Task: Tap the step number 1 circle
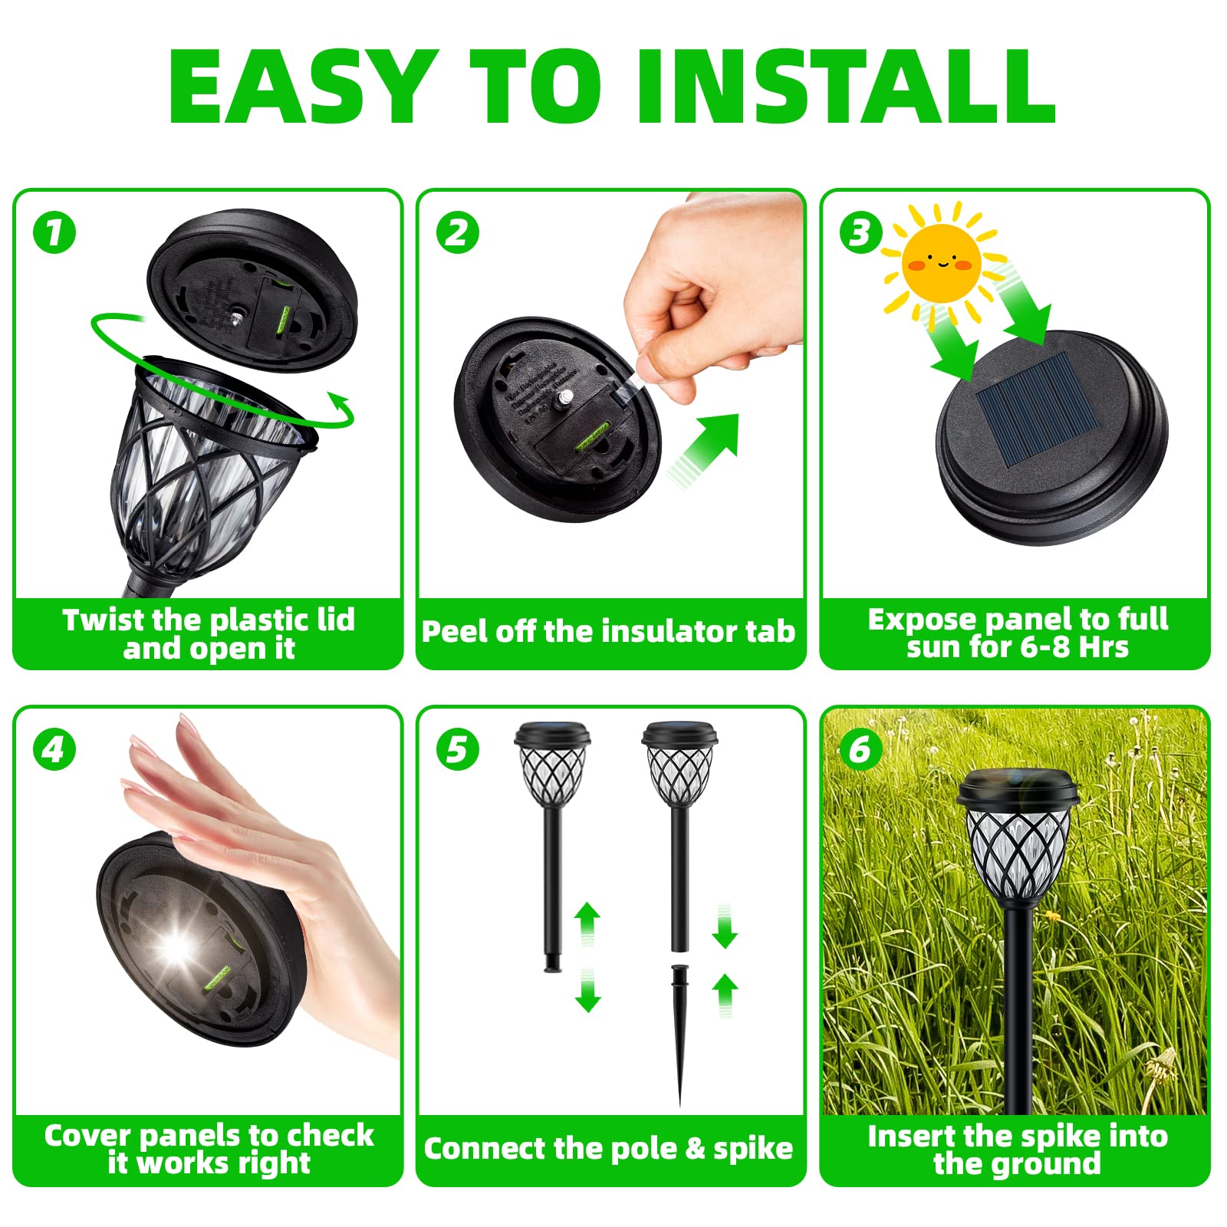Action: [54, 232]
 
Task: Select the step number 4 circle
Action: [54, 749]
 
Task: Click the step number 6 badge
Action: [860, 749]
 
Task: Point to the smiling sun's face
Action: [942, 262]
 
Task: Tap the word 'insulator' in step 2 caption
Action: [656, 631]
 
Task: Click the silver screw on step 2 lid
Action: [566, 396]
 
